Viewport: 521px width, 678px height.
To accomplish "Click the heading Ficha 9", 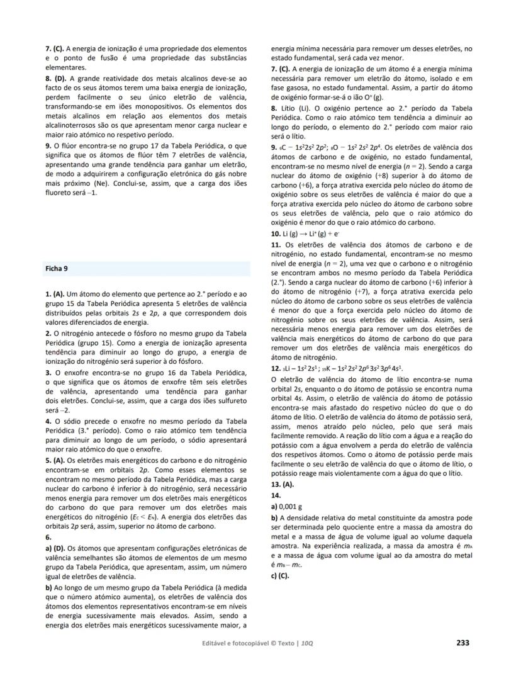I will (x=57, y=269).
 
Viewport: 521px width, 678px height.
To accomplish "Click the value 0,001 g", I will (x=289, y=506).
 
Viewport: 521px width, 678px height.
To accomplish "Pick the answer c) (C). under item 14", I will (x=279, y=575).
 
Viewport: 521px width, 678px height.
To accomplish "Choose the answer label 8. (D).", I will (x=56, y=79).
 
